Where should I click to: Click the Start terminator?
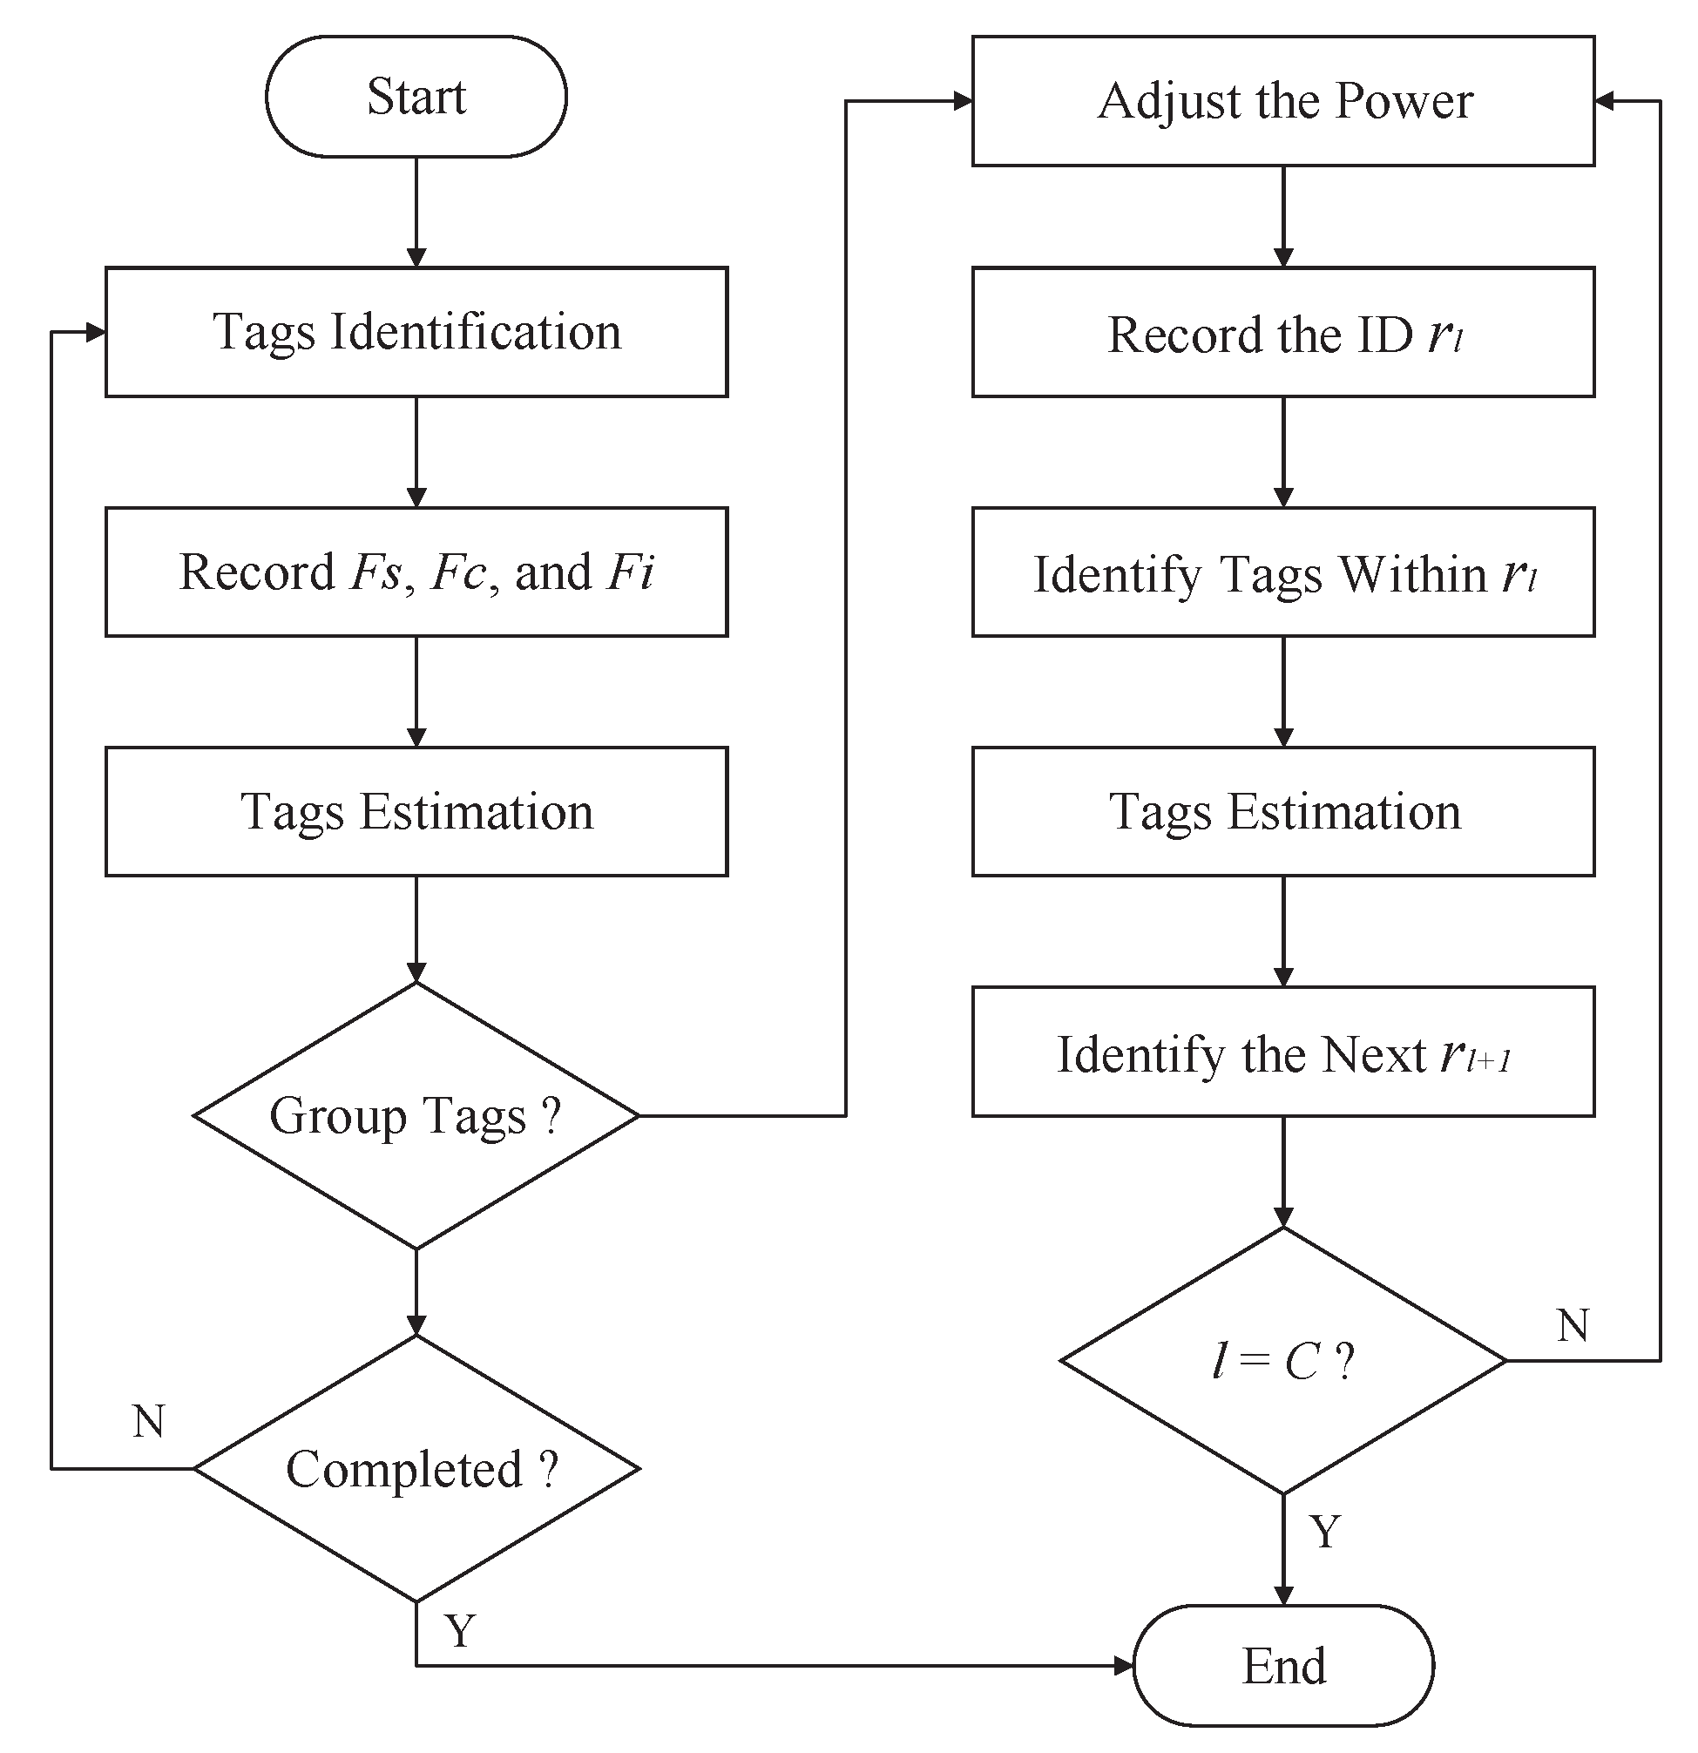[416, 97]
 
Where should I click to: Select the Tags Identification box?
[416, 332]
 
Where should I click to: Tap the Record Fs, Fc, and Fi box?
[416, 572]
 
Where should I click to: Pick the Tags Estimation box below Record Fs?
[416, 812]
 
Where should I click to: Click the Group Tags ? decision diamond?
[416, 1115]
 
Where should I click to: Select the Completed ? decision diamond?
[416, 1469]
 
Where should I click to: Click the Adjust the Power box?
[1283, 101]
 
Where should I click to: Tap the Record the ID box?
[1283, 333]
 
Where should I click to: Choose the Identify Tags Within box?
[1283, 572]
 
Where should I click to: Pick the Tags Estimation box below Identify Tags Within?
[1283, 812]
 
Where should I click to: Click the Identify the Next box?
[1283, 1052]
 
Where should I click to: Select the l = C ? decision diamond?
[1283, 1361]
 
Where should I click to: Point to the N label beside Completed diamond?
[148, 1421]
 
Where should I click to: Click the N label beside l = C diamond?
[1572, 1325]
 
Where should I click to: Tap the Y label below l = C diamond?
[1325, 1532]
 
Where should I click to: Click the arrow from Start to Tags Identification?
[416, 213]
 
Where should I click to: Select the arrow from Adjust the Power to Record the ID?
[1283, 217]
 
